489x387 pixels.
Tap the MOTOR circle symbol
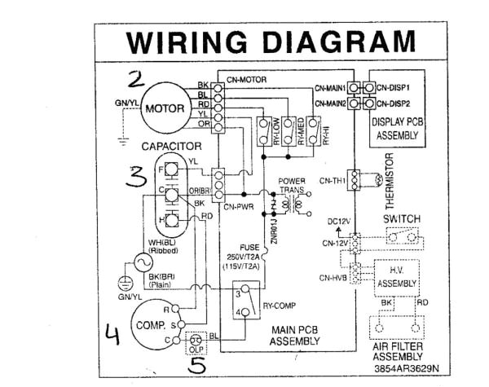[165, 108]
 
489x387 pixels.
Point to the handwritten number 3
[138, 177]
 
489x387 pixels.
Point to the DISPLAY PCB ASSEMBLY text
[396, 130]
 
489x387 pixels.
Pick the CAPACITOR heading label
[172, 146]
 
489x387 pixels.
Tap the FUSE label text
[249, 247]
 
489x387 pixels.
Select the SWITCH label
[401, 219]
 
